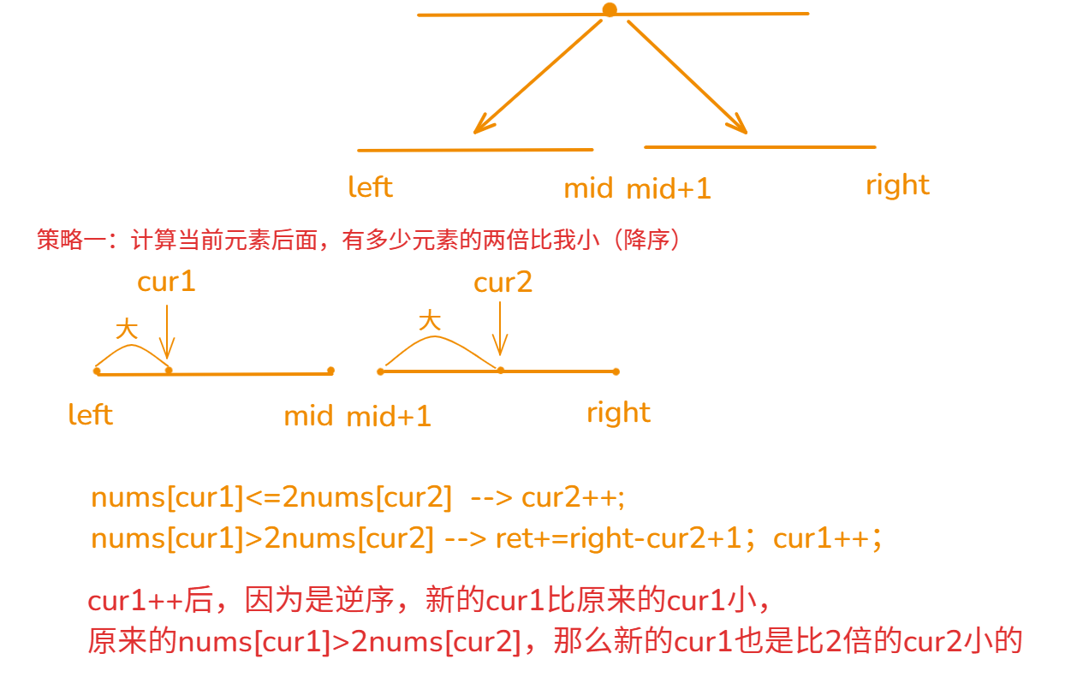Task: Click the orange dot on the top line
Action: tap(610, 10)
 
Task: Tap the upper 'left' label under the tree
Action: tap(370, 187)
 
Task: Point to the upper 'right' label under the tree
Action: tap(897, 185)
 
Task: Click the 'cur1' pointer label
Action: tap(166, 282)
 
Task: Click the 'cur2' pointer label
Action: tap(503, 282)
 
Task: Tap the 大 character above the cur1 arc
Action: tap(127, 329)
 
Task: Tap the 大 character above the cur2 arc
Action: tap(430, 320)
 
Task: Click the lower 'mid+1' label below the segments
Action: tap(389, 417)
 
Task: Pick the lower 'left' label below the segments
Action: tap(91, 415)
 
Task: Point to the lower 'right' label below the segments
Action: tap(618, 413)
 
